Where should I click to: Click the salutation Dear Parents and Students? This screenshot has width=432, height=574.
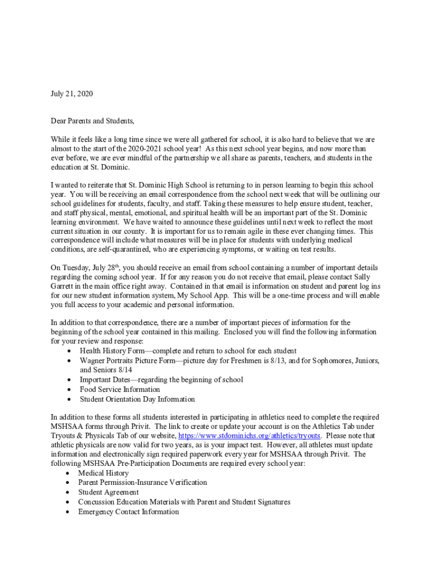click(x=93, y=121)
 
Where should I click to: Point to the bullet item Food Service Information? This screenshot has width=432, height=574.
click(x=120, y=389)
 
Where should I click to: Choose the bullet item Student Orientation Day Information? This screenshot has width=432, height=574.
click(x=137, y=399)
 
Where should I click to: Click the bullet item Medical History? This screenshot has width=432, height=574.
click(x=103, y=473)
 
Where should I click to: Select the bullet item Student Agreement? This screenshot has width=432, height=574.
click(x=108, y=492)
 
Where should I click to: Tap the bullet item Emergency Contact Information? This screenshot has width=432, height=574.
click(x=128, y=511)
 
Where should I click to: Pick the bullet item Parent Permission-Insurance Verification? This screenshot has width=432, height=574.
click(x=143, y=482)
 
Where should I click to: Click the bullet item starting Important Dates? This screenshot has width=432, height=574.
click(x=161, y=379)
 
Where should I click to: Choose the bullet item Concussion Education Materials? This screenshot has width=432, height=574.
click(x=184, y=502)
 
